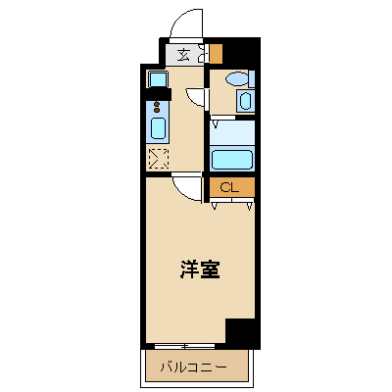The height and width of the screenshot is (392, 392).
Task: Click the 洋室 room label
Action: [x=200, y=269]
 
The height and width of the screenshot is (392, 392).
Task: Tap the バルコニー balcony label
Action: [x=193, y=367]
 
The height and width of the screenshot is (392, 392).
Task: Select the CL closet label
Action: [x=229, y=187]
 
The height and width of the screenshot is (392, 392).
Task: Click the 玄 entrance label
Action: [x=183, y=55]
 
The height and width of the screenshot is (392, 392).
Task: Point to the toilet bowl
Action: [x=239, y=78]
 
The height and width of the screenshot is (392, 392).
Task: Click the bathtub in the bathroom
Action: [x=232, y=160]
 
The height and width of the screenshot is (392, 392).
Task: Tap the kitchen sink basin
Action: [x=159, y=128]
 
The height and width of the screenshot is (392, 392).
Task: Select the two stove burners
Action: [x=157, y=107]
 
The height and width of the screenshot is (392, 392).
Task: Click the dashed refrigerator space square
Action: [x=159, y=159]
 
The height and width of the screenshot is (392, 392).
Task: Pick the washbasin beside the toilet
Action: [x=245, y=101]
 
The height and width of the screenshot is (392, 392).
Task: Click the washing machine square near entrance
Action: [x=158, y=79]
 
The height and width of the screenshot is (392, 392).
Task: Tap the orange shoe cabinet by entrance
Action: [x=216, y=54]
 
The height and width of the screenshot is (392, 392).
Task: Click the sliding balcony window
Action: [x=184, y=346]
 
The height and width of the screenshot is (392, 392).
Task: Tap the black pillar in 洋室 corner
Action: [x=241, y=331]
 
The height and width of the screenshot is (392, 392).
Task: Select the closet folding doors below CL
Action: [x=232, y=203]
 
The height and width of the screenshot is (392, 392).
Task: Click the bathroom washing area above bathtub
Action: [x=232, y=132]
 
